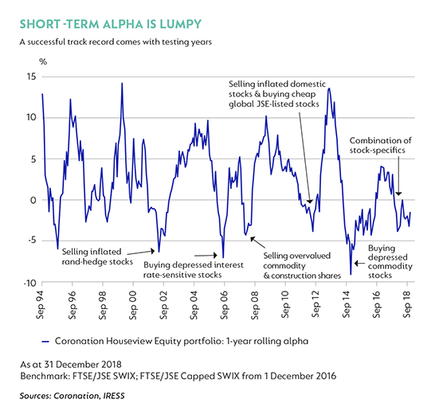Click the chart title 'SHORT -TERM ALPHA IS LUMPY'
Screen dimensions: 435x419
click(x=111, y=24)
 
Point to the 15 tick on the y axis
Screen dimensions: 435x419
click(x=32, y=76)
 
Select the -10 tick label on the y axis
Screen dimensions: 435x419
click(x=30, y=283)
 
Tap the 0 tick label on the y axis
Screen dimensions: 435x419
click(x=33, y=200)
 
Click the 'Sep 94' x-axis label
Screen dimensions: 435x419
click(x=41, y=305)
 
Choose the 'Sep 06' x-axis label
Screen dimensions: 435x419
click(x=224, y=305)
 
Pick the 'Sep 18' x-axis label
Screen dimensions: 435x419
click(x=406, y=305)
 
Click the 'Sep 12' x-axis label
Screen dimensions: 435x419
click(x=315, y=305)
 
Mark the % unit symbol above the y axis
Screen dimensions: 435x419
click(x=43, y=61)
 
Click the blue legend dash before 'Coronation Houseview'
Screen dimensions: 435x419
click(x=45, y=342)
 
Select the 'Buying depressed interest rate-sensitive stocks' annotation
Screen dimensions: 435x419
click(x=194, y=270)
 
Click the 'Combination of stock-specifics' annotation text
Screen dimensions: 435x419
click(x=380, y=145)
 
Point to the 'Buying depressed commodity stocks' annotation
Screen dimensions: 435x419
click(x=390, y=261)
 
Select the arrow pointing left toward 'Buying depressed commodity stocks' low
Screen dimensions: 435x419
click(x=359, y=264)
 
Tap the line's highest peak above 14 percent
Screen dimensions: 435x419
click(x=122, y=83)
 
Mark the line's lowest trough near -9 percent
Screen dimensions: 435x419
click(x=351, y=274)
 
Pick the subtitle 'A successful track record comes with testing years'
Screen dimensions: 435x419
click(x=116, y=42)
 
